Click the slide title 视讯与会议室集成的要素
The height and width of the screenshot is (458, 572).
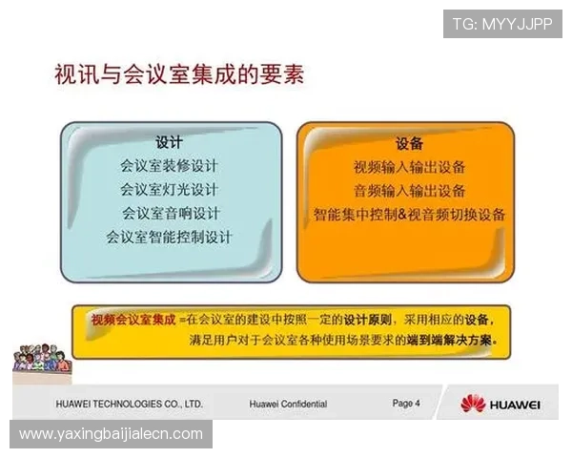(180, 74)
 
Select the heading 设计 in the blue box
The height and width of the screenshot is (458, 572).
(169, 142)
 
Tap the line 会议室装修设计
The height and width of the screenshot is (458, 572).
(169, 166)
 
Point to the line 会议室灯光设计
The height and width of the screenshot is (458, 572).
(169, 189)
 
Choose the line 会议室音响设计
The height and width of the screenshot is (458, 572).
(169, 212)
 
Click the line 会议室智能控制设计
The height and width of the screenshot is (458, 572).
(169, 236)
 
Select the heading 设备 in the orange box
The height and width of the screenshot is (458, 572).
(409, 143)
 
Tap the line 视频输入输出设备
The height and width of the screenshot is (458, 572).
(409, 167)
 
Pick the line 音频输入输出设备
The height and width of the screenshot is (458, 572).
(409, 190)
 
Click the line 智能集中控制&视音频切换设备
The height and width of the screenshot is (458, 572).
(409, 214)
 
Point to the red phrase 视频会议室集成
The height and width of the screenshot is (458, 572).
(133, 320)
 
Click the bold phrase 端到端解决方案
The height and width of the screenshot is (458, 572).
(451, 340)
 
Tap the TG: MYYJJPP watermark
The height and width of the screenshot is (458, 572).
(501, 24)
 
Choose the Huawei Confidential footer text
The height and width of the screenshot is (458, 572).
(288, 405)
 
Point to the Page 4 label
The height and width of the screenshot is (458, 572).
(406, 404)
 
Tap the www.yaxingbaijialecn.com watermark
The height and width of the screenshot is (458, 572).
(111, 434)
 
